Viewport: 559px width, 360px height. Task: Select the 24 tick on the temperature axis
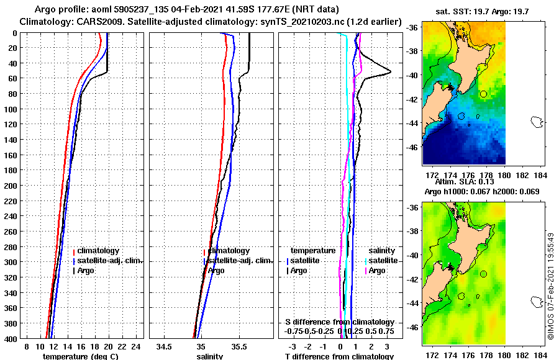click(137, 345)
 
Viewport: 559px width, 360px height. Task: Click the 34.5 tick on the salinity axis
click(164, 345)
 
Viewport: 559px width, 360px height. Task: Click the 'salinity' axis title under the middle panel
click(210, 356)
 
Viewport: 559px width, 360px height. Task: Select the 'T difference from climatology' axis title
click(339, 356)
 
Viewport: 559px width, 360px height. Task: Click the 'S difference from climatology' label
click(339, 322)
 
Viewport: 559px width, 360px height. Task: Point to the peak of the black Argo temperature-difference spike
click(391, 71)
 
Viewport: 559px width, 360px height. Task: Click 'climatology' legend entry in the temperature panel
click(99, 250)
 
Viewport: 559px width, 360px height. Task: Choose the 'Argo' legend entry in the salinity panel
click(216, 270)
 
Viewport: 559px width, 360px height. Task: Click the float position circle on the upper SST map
click(483, 94)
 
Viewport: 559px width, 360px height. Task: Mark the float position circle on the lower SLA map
click(483, 274)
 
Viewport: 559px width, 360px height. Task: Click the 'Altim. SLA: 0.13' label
click(463, 181)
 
